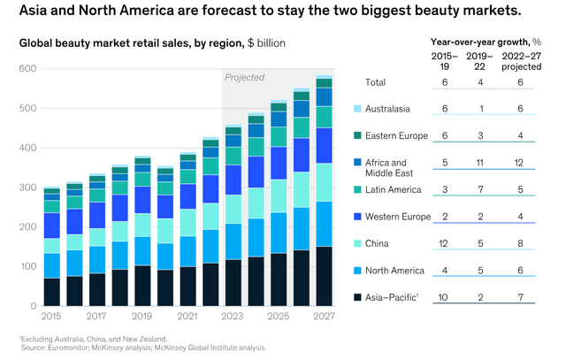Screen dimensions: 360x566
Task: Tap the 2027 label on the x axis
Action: coord(325,316)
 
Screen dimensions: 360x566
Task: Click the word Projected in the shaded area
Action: coord(245,78)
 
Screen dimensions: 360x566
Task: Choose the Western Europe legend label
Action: coord(397,217)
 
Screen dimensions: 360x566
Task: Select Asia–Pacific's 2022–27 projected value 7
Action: coord(534,297)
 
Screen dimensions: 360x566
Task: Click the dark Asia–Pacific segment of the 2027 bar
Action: coord(325,276)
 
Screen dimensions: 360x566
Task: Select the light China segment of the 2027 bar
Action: coord(325,182)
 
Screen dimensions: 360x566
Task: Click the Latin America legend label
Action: coord(394,189)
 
